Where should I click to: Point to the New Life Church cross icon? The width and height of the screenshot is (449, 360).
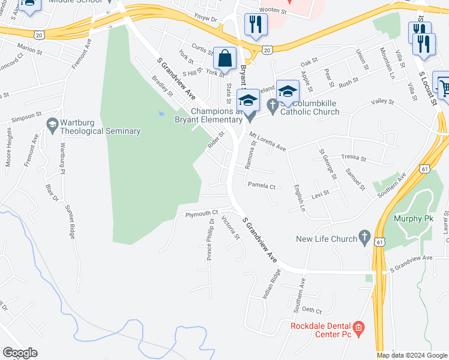pos(364,238)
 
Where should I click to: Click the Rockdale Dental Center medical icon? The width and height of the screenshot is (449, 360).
pos(358,328)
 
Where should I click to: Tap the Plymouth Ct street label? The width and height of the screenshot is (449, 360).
pos(202,214)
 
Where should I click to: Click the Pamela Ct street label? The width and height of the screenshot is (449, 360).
pos(261,187)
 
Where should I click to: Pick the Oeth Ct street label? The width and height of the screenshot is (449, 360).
pos(312,311)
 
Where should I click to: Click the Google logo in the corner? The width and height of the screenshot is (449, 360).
pos(20,353)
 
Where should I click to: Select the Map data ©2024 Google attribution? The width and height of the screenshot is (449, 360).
pos(411,355)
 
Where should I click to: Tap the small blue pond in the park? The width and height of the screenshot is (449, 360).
pos(160,113)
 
